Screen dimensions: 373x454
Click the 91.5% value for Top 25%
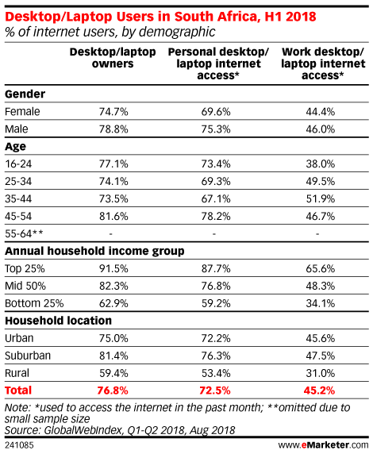tap(113, 269)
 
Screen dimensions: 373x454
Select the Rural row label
tap(17, 373)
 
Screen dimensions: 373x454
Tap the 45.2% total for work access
tap(319, 391)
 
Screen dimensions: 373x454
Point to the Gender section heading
tap(25, 94)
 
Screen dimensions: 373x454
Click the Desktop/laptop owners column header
tap(113, 58)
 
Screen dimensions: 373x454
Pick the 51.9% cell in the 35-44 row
tap(321, 199)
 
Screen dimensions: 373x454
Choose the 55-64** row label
tap(24, 233)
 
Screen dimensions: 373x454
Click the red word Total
tap(18, 391)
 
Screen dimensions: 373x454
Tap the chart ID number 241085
tap(19, 445)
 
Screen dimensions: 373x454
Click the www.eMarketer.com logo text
tap(323, 445)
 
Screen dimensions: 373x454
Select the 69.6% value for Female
tap(216, 112)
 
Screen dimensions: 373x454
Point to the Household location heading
tap(58, 321)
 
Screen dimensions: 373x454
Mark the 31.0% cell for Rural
tap(321, 373)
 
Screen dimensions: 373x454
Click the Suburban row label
tap(28, 356)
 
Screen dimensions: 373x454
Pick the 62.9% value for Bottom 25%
tap(113, 303)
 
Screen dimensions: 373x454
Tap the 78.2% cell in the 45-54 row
tap(216, 217)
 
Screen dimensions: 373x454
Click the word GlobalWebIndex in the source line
tap(83, 430)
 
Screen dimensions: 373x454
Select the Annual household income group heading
tap(94, 251)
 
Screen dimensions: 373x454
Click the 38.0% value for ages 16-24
tap(321, 164)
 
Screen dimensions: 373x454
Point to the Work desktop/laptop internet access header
tap(323, 63)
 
